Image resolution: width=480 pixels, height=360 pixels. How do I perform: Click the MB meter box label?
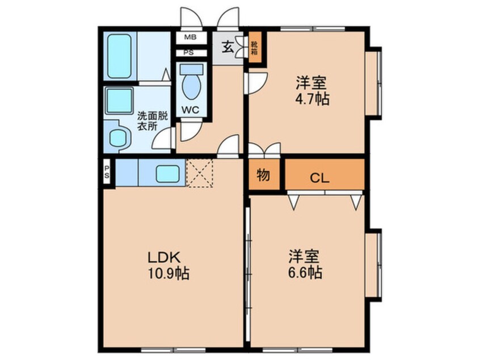[x=190, y=37]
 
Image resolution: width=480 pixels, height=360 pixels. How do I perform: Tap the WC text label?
[x=190, y=110]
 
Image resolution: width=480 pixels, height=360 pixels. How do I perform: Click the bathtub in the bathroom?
[x=119, y=56]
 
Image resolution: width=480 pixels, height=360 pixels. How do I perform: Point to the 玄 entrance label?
[x=228, y=47]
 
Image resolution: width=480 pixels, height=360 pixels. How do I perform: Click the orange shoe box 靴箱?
[x=255, y=48]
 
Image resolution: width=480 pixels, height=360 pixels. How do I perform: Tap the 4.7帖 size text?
[x=312, y=99]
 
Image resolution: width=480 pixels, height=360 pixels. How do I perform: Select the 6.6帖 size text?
[x=305, y=273]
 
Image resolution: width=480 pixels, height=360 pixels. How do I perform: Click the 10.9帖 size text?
[x=169, y=273]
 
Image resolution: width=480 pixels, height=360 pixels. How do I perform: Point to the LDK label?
[x=164, y=257]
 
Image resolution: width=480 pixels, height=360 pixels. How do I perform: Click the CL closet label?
[x=319, y=178]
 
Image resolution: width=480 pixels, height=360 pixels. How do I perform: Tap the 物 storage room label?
[x=263, y=175]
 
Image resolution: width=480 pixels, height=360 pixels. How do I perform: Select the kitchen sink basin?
[x=167, y=174]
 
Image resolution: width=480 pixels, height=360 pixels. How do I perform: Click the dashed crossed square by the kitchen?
[x=200, y=173]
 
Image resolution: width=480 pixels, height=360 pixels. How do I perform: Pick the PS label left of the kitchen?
[x=107, y=172]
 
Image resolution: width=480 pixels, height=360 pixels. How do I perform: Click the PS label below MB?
[x=189, y=52]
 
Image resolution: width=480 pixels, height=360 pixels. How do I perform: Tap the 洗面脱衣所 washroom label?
[x=152, y=122]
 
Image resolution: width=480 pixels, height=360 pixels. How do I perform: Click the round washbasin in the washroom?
[x=118, y=137]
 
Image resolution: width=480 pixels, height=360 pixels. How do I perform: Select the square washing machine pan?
[x=119, y=100]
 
